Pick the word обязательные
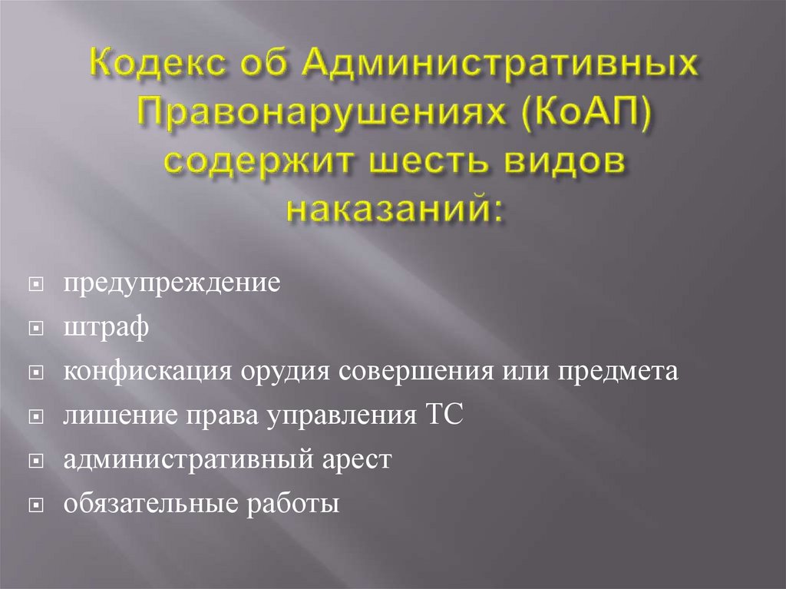[150, 505]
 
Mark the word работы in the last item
[292, 505]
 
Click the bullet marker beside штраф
[35, 329]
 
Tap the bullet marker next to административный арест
[35, 462]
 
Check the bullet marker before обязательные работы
[35, 506]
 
